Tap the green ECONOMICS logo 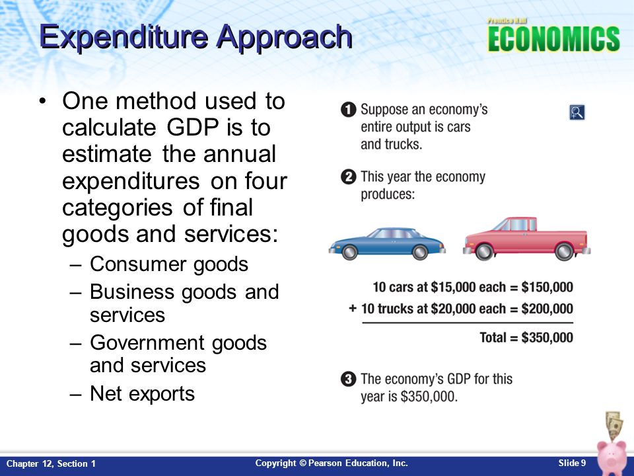click(x=553, y=39)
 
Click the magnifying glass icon click(x=577, y=112)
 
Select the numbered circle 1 click(x=348, y=110)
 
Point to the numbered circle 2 click(x=348, y=177)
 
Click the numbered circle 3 click(x=348, y=379)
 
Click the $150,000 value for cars click(x=547, y=287)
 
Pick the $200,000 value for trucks click(x=547, y=309)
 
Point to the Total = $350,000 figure click(x=526, y=337)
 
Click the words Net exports click(x=143, y=393)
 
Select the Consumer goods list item click(x=169, y=264)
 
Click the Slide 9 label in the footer click(x=572, y=463)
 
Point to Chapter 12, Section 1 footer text click(x=52, y=464)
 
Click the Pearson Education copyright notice click(x=332, y=463)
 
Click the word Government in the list click(x=147, y=343)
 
